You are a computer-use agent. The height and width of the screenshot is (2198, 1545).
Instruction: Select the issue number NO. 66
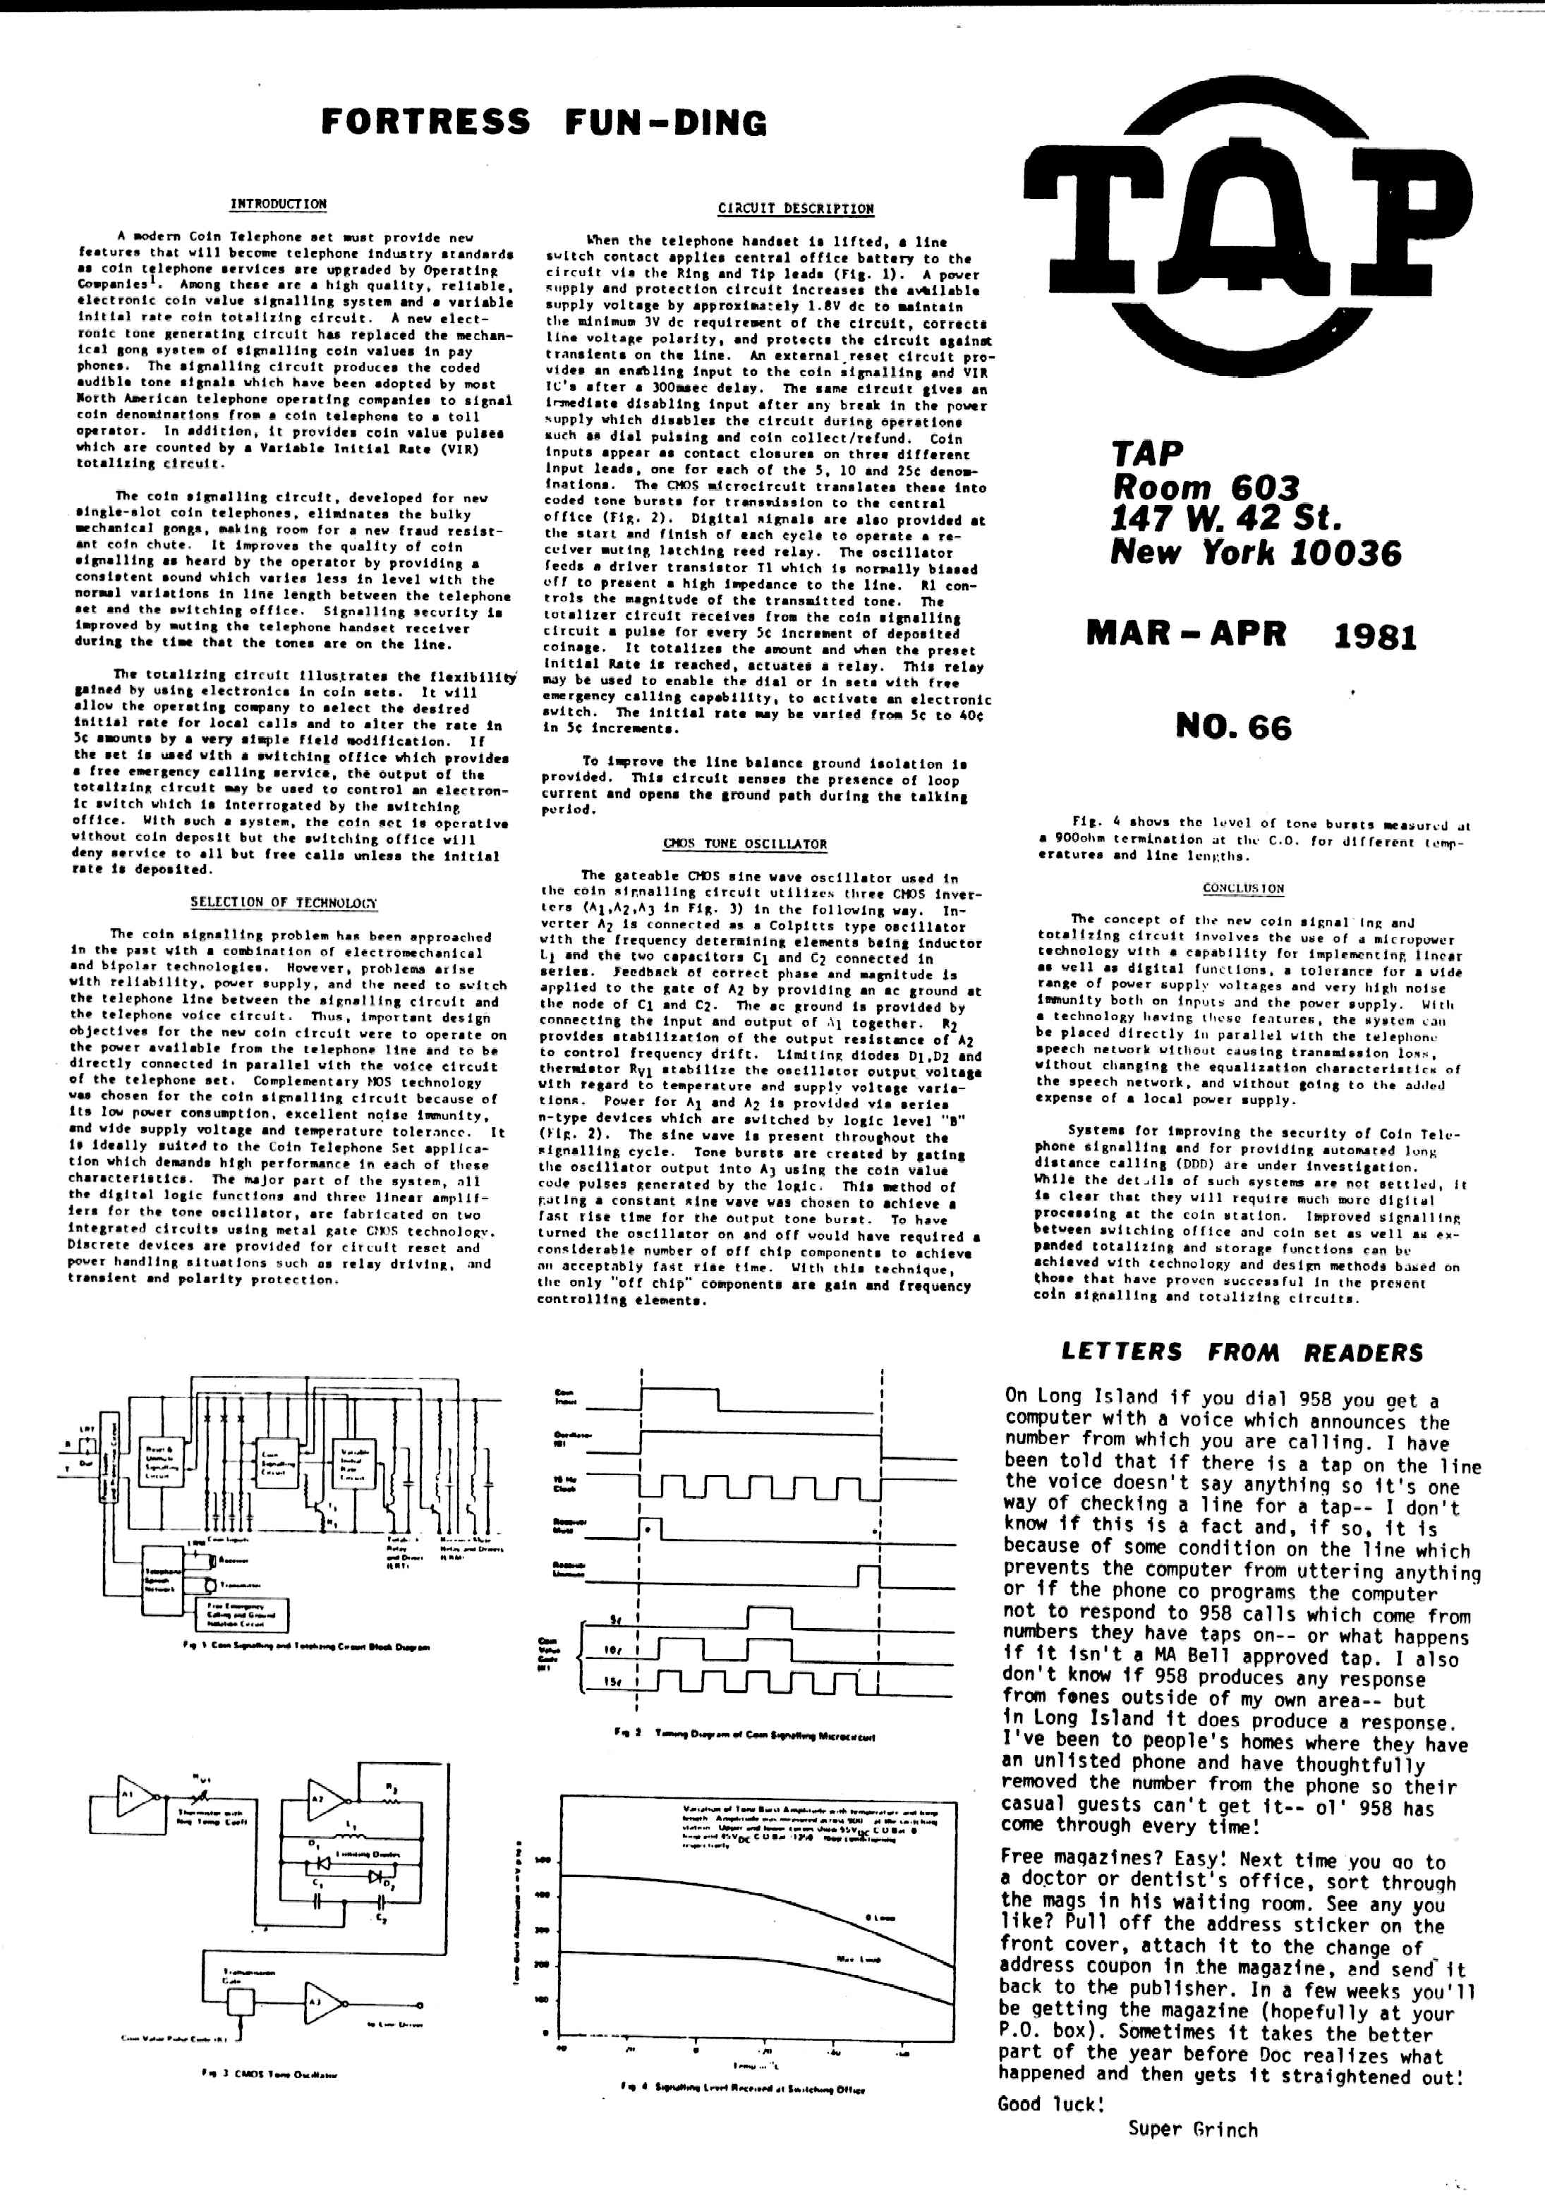[x=1233, y=727]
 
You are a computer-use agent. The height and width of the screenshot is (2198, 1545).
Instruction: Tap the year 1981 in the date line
[x=1374, y=636]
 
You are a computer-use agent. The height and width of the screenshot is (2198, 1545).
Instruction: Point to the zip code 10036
[x=1350, y=553]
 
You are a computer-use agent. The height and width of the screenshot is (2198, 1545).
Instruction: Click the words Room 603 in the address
[x=1204, y=487]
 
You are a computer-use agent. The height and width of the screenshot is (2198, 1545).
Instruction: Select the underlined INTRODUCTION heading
[x=277, y=204]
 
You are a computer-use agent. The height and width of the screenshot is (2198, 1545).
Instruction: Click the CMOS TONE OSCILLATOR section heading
[x=745, y=844]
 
